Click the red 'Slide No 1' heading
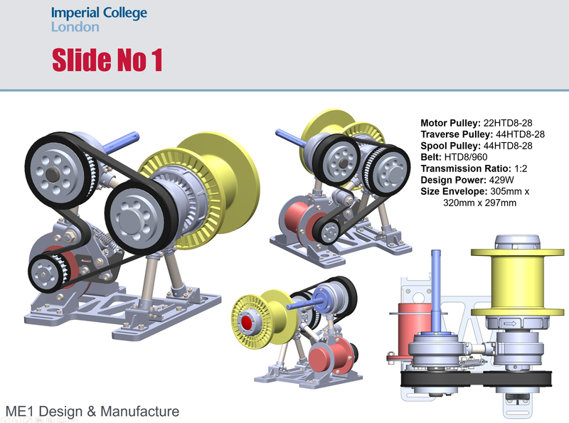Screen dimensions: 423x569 tap(107, 60)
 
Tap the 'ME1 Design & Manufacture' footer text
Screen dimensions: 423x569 tap(92, 411)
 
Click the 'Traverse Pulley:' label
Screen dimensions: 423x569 tap(452, 134)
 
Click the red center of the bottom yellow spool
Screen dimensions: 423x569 tap(248, 322)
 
